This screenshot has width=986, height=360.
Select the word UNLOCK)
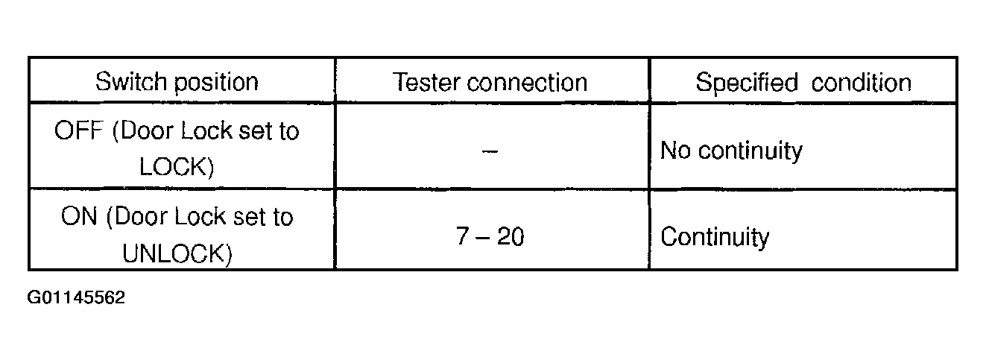(x=177, y=254)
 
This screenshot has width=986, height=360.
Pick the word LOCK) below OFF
(x=177, y=167)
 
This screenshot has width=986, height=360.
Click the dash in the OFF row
(x=490, y=151)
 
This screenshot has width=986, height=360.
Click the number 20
(x=511, y=238)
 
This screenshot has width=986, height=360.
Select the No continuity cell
(x=731, y=151)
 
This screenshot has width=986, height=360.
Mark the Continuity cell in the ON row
(x=715, y=238)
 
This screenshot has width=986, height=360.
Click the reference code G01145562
(x=76, y=298)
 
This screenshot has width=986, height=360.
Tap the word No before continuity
(x=676, y=151)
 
